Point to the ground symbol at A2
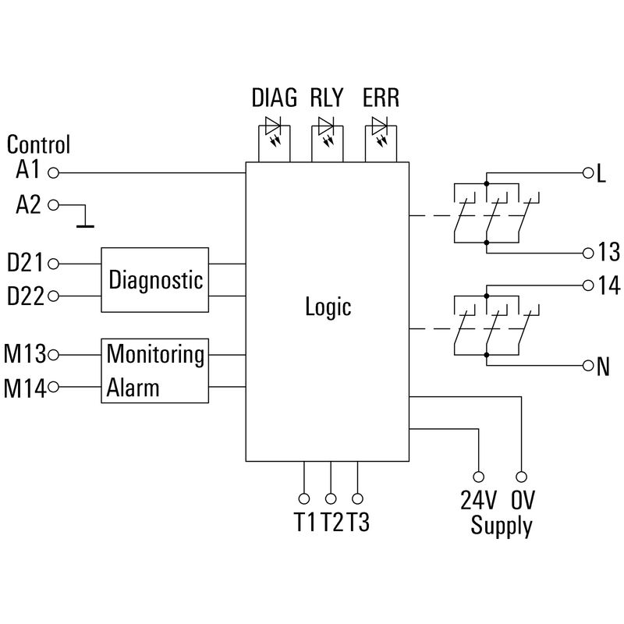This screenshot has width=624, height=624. pos(84,226)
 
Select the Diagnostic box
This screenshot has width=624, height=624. pos(155,280)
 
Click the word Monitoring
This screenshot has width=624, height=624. pos(155,354)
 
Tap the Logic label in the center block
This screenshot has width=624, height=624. pos(328,307)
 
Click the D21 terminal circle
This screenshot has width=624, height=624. pos(54,264)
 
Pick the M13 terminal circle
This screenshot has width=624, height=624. pos(54,355)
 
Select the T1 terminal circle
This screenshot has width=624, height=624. pos(303,498)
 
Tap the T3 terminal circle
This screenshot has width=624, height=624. pos(357,498)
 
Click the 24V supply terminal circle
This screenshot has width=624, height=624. pos(478,475)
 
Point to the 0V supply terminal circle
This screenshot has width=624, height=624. pos(521,475)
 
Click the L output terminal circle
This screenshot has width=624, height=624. pos(587,172)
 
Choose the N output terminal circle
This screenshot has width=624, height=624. pos(587,365)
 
